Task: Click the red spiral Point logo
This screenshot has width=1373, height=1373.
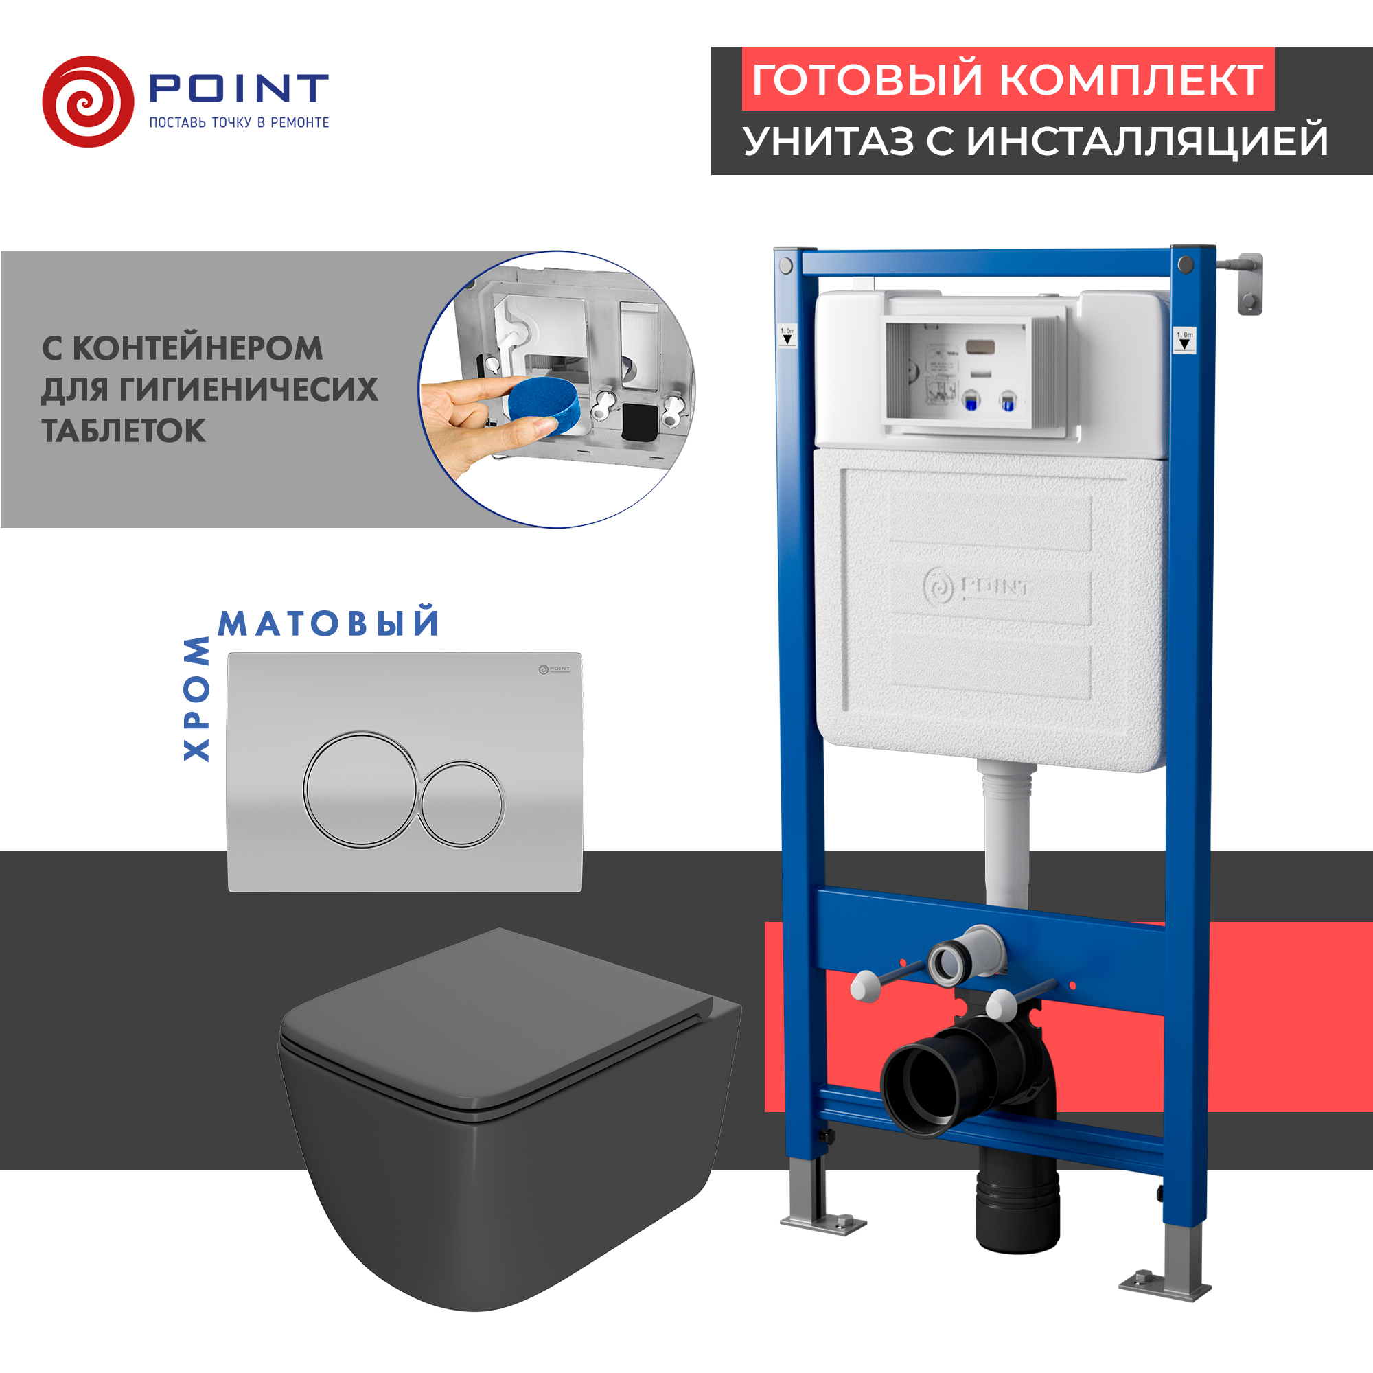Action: point(88,102)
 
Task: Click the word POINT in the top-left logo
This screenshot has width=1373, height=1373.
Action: point(239,88)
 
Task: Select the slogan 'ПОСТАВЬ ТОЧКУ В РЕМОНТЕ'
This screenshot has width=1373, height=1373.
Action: point(239,123)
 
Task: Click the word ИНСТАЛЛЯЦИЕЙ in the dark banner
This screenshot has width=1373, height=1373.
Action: point(1147,141)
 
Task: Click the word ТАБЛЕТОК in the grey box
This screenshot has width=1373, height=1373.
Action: point(124,431)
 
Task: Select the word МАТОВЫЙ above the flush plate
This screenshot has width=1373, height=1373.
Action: point(329,624)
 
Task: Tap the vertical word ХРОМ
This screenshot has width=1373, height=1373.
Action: point(197,700)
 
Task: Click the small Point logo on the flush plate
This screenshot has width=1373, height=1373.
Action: point(554,669)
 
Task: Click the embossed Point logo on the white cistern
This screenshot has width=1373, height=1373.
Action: point(976,587)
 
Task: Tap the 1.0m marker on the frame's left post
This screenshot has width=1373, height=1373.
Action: point(787,336)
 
